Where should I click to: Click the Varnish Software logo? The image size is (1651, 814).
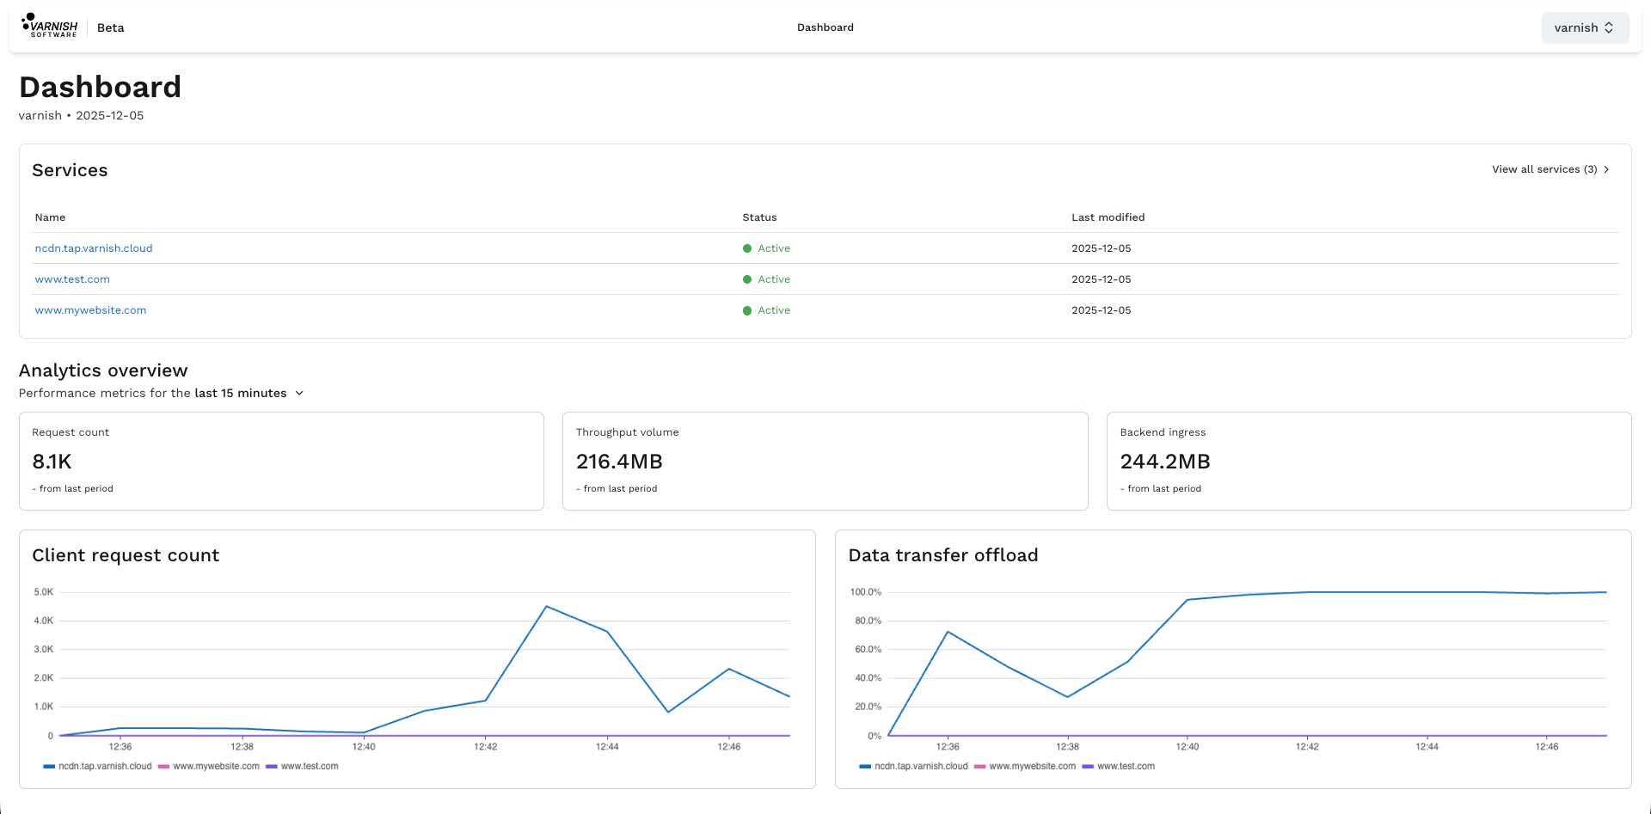point(50,26)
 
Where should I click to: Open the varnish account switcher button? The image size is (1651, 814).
point(1585,28)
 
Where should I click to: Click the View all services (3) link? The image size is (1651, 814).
point(1550,169)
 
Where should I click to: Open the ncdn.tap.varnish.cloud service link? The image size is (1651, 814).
point(94,248)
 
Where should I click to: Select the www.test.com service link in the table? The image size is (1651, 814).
point(72,279)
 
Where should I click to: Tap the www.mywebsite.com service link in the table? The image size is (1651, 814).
point(90,310)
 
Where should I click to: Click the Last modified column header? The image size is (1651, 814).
point(1108,217)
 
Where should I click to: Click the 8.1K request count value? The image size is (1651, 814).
point(52,462)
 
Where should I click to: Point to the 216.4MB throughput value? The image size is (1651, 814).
point(619,462)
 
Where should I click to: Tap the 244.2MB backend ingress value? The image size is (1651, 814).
point(1165,462)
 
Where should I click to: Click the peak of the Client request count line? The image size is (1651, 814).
point(546,607)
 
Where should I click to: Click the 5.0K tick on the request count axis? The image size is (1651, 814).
point(44,592)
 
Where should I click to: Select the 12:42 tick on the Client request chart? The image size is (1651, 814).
point(486,746)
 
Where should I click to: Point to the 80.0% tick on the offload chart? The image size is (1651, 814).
point(868,621)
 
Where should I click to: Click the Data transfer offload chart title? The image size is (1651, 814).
point(943,555)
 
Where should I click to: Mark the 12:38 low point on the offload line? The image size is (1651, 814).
point(1067,696)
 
